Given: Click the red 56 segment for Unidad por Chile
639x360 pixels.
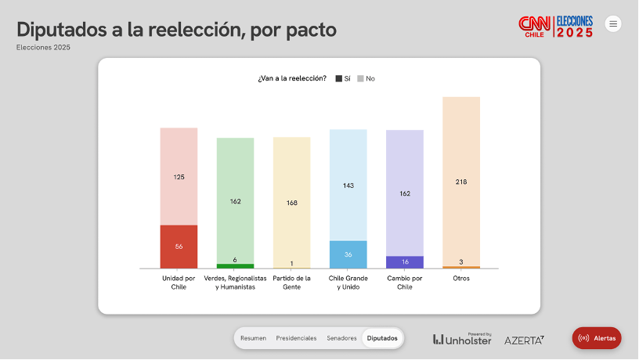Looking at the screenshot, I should pos(179,247).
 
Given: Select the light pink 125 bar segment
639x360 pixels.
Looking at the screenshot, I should pos(179,177).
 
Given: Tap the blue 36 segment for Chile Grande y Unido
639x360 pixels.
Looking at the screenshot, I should pos(348,254).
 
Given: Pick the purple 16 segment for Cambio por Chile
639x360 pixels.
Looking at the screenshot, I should pos(405,262).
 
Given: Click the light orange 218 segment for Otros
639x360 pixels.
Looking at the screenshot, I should pos(461,182).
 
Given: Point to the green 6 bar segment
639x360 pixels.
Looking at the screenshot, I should pos(235,266).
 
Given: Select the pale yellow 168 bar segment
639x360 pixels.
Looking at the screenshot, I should pos(291,203).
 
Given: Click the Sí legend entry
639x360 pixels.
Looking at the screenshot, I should pos(343,78).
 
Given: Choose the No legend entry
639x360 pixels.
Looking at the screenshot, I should pos(366,78).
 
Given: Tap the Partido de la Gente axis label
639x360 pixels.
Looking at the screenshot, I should pos(291,283).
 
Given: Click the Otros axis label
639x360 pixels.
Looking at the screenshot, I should pos(461,278).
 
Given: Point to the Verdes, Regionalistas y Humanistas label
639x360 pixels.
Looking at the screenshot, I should pos(235,283).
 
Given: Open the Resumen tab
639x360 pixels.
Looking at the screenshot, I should pos(253,338).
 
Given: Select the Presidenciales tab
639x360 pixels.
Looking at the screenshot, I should pos(296,338).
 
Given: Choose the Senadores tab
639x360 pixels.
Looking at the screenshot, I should pos(341,338).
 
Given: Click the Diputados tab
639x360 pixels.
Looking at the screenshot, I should pos(382,338).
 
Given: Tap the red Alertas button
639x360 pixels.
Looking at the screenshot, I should pos(597,338).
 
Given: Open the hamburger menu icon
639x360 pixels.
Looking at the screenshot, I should pos(613,23).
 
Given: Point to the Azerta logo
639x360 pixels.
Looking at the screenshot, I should pos(524,340).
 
